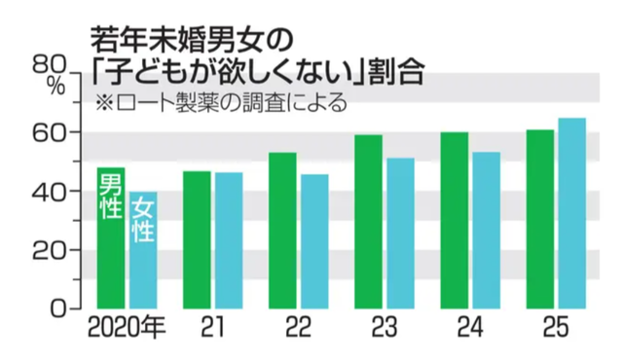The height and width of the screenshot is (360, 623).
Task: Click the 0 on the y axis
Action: click(56, 308)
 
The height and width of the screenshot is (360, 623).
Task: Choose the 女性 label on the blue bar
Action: click(143, 220)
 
